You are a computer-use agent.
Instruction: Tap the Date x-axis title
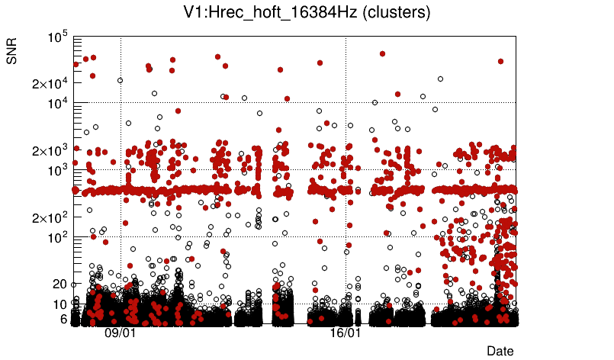tap(500, 351)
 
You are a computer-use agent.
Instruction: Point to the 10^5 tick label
tap(58, 37)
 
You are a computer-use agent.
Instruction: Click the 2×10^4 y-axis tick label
tap(50, 83)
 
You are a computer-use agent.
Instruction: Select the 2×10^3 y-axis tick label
tap(50, 150)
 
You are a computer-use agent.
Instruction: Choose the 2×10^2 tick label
tap(50, 217)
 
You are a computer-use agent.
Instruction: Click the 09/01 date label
tap(120, 333)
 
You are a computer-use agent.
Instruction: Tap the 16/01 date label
tap(345, 333)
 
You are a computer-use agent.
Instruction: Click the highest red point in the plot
tap(382, 54)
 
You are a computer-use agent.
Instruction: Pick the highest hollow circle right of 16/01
tap(440, 79)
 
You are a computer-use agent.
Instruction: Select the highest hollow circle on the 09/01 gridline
tap(120, 80)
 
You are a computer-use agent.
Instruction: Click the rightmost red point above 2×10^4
tap(500, 61)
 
